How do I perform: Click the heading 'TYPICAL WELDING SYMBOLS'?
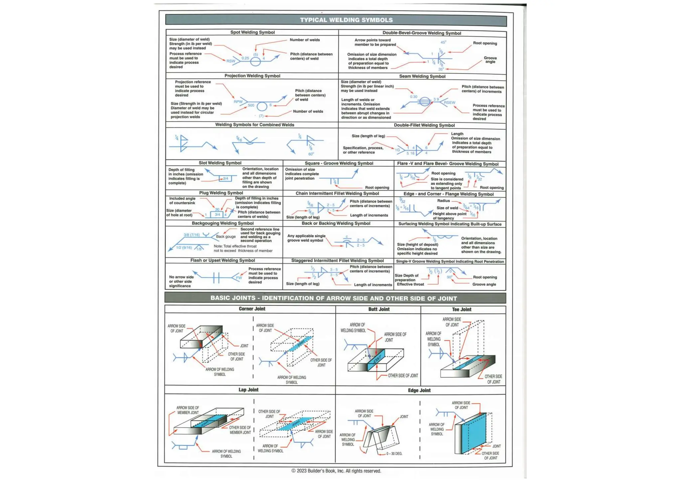pos(346,20)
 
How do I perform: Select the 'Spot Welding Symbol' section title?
pos(252,32)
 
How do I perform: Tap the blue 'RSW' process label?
pos(231,61)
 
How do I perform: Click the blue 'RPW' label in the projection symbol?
pos(238,101)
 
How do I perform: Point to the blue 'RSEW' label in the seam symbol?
pos(450,102)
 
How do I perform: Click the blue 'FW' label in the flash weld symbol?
pos(239,278)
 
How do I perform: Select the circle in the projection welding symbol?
pos(262,106)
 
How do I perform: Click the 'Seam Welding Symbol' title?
pos(422,76)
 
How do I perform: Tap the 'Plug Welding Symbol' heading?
pos(221,193)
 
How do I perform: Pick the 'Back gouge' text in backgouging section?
pos(226,237)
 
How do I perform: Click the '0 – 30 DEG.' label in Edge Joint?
pos(394,454)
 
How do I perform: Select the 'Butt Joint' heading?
pos(379,309)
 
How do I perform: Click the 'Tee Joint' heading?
pos(462,309)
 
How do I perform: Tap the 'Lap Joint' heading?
pos(248,390)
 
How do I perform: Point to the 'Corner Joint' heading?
pos(252,309)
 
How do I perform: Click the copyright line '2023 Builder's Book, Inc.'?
pos(336,471)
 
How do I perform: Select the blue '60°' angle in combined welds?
pos(311,154)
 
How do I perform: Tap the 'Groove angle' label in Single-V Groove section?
pos(484,284)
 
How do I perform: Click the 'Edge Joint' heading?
pos(419,391)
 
